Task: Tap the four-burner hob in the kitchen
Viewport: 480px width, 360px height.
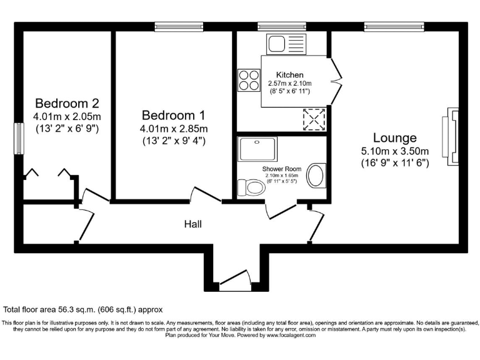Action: coord(248,80)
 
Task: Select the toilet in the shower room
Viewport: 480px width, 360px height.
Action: coord(251,187)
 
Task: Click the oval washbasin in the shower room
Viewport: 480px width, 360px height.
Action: coord(317,176)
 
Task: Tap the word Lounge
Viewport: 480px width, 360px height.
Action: coord(394,137)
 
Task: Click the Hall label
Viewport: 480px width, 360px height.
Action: coord(192,224)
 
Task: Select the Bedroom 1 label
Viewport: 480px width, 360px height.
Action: coord(173,116)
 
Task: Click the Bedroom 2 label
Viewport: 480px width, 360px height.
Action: coord(67,103)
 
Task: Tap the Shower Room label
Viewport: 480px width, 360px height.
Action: coord(281,169)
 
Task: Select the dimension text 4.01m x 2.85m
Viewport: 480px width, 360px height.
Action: coord(173,129)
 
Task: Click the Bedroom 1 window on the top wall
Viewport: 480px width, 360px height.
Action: coord(175,26)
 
